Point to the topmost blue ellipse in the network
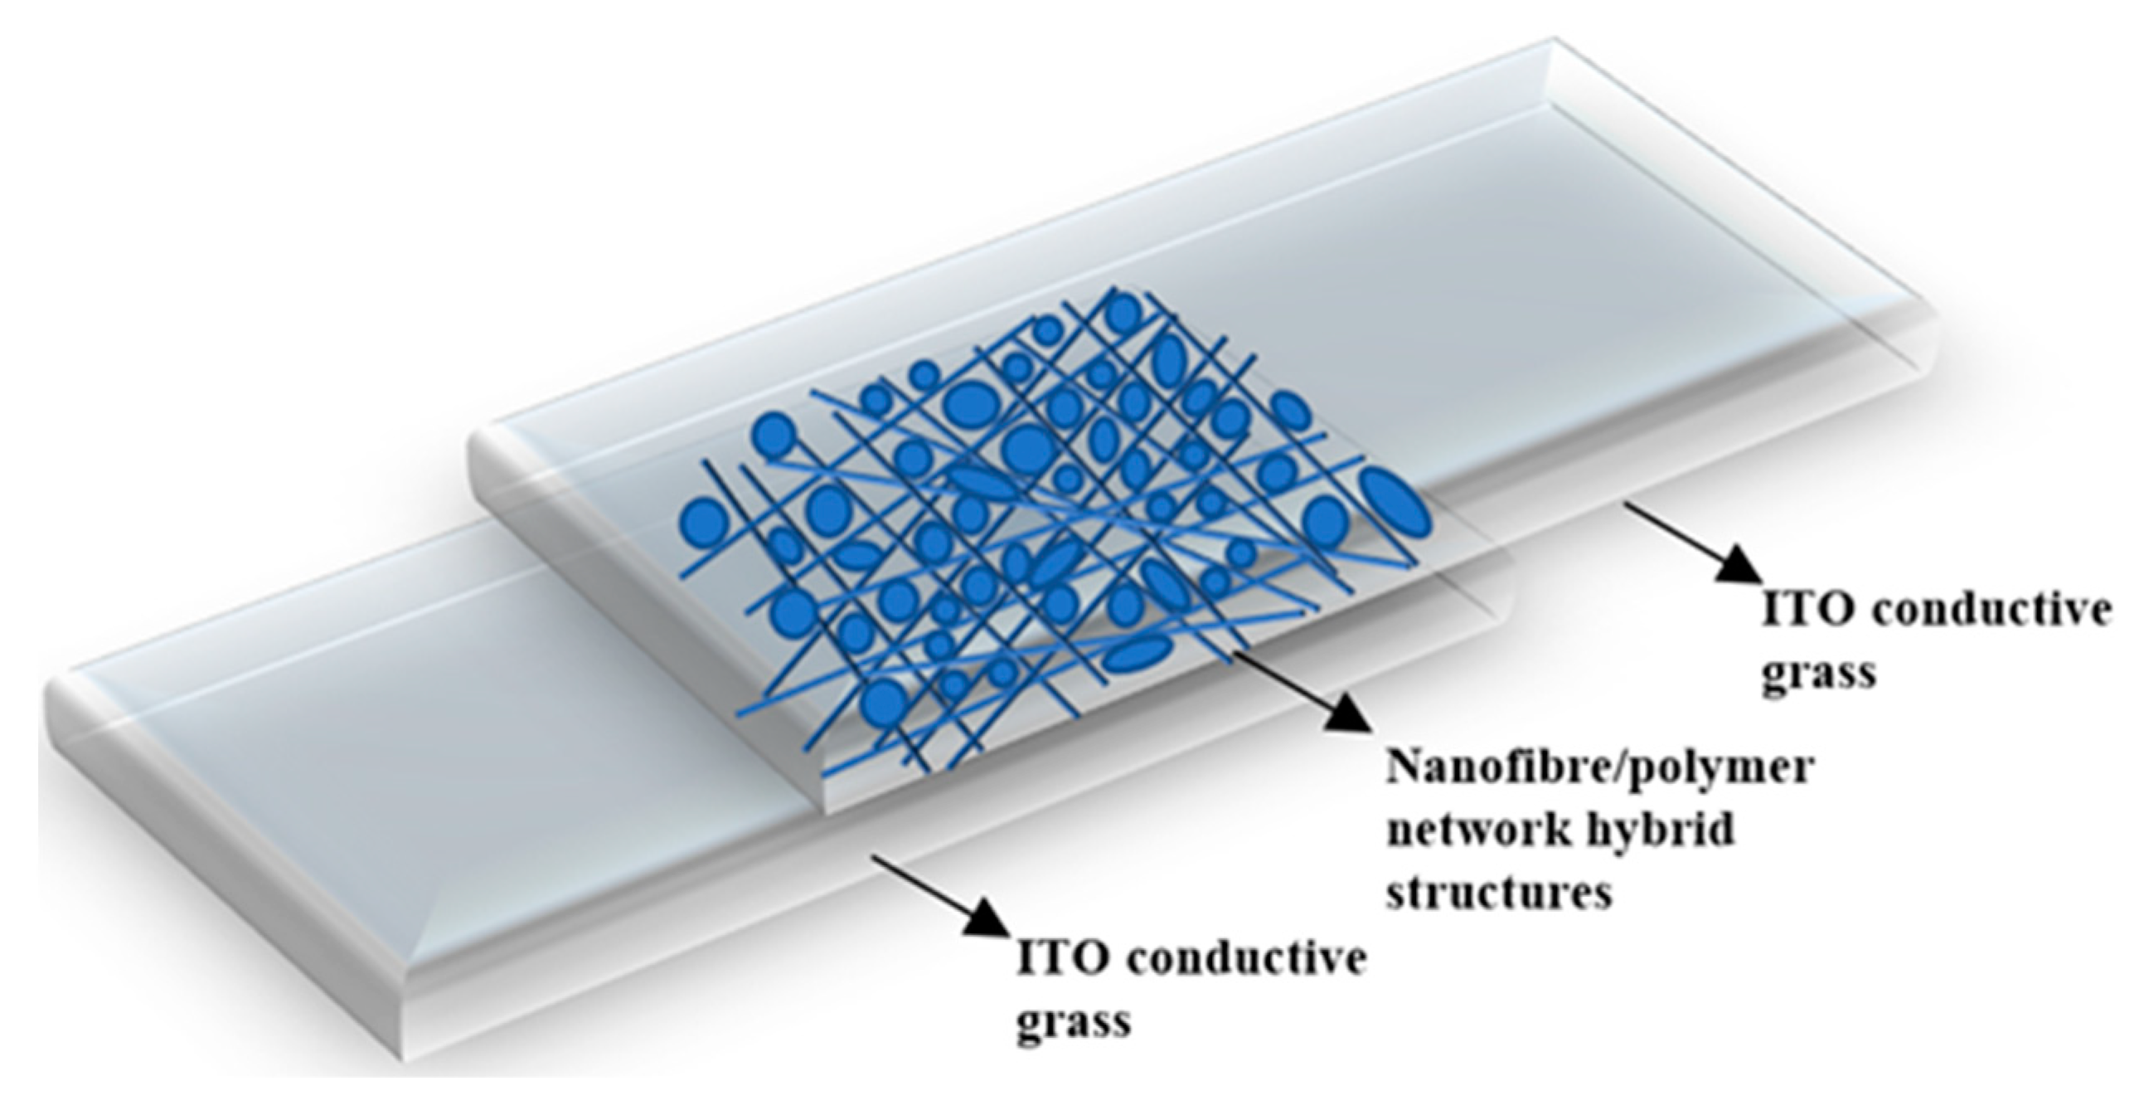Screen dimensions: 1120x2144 [x=1123, y=310]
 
